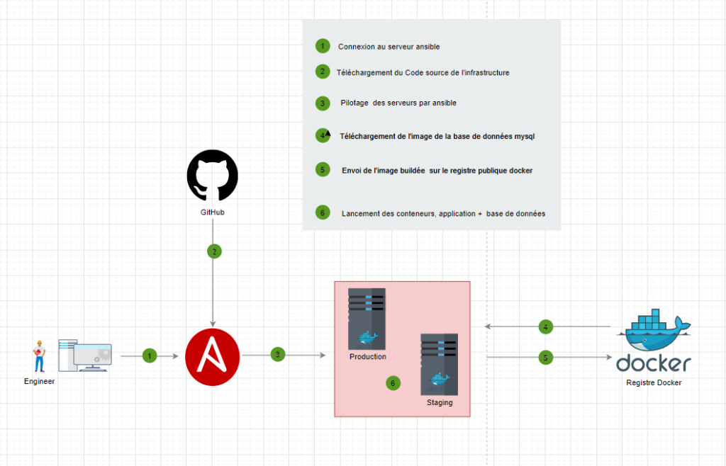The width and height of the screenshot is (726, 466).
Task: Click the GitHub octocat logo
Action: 212,175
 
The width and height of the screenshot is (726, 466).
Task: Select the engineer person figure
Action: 38,356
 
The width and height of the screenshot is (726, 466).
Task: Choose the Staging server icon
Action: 439,363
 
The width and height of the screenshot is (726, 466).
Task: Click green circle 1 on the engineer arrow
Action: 149,356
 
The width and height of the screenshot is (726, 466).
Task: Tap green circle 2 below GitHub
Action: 214,251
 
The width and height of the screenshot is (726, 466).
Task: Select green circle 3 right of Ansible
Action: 279,354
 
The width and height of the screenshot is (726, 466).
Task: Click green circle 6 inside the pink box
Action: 393,383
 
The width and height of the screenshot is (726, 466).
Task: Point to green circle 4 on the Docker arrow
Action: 545,327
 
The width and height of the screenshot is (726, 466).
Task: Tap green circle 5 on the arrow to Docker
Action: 545,358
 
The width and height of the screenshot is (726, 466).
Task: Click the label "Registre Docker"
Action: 653,383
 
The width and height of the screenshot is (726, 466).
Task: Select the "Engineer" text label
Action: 39,381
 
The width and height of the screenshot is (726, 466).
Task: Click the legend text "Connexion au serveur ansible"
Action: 389,47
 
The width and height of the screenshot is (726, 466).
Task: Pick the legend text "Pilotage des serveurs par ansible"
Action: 398,103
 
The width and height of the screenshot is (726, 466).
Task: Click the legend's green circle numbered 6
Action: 323,212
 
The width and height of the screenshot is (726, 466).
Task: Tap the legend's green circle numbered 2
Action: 323,72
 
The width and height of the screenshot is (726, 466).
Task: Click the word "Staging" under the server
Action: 440,403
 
